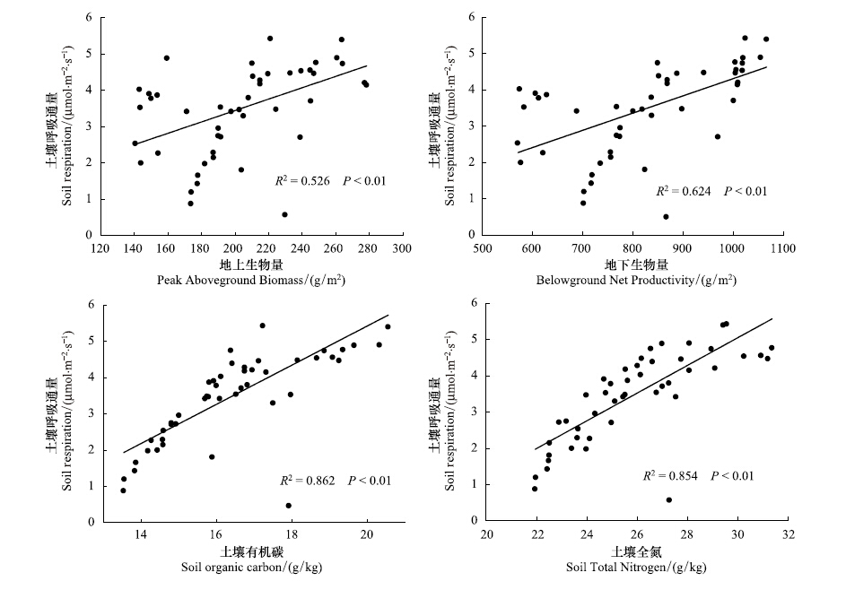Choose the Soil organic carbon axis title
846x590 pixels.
pos(255,567)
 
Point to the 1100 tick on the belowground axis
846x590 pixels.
pos(782,248)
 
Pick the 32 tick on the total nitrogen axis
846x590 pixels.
pos(788,535)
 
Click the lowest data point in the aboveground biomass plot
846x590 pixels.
pos(284,214)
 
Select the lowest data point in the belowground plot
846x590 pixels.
pos(666,216)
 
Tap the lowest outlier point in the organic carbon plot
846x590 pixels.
pos(288,506)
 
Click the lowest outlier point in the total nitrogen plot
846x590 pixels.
pos(668,500)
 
